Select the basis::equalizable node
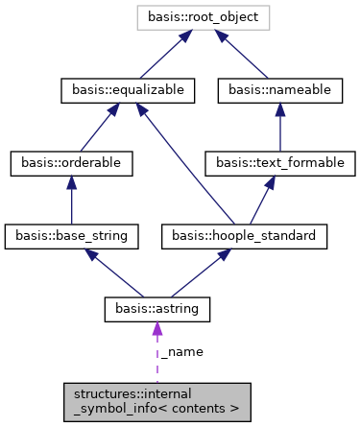click(129, 90)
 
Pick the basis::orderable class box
click(72, 163)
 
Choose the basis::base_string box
click(72, 236)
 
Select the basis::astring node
click(156, 309)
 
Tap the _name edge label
click(181, 352)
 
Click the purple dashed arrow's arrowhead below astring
click(156, 329)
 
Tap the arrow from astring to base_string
click(115, 273)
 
